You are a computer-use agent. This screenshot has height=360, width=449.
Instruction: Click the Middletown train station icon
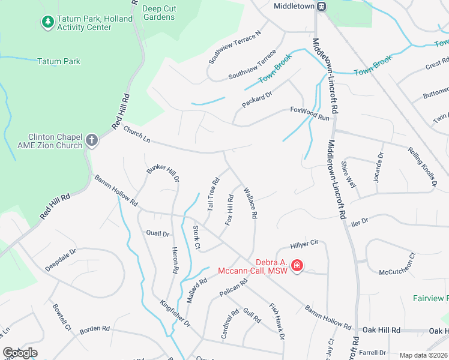click(x=322, y=6)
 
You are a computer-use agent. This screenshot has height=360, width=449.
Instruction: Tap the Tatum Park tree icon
click(x=47, y=22)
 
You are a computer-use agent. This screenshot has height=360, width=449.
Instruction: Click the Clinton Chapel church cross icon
click(x=91, y=141)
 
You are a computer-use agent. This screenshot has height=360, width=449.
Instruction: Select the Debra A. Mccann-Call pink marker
click(x=297, y=265)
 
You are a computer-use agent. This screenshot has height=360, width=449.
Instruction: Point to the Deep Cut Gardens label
click(x=159, y=13)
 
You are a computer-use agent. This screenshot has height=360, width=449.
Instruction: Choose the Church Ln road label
click(x=137, y=134)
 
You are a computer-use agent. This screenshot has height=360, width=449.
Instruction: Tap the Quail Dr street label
click(x=158, y=233)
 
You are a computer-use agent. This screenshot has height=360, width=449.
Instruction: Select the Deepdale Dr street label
click(x=61, y=260)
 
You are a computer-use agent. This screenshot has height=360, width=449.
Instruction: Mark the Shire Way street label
click(x=349, y=175)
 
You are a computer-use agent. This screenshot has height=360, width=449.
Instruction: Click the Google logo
click(x=20, y=352)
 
